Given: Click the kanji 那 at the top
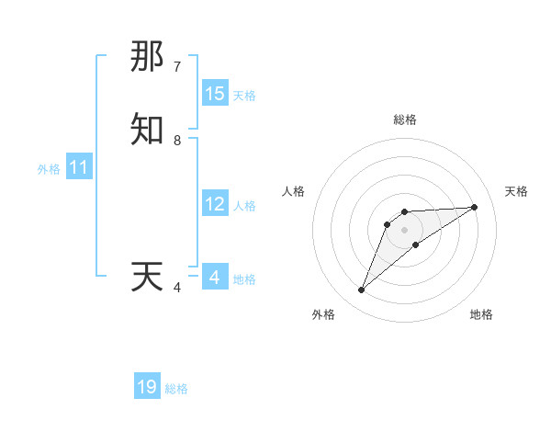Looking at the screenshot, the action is pyautogui.click(x=147, y=57).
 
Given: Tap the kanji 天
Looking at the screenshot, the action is pyautogui.click(x=147, y=277).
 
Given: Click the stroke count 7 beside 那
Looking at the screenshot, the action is pyautogui.click(x=177, y=67).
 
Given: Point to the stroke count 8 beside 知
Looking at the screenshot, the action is pyautogui.click(x=177, y=141).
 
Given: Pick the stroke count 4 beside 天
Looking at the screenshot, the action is pyautogui.click(x=177, y=288).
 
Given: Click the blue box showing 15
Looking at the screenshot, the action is pyautogui.click(x=215, y=94).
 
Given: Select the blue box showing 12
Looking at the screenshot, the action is pyautogui.click(x=215, y=204).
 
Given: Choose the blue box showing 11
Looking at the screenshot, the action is pyautogui.click(x=79, y=167).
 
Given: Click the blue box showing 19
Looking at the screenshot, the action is pyautogui.click(x=147, y=387).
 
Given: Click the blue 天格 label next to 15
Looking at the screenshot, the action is pyautogui.click(x=244, y=96).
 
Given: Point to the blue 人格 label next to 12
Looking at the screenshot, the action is pyautogui.click(x=244, y=206).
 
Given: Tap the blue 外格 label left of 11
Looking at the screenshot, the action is pyautogui.click(x=49, y=169).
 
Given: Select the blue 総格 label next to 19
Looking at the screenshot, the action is pyautogui.click(x=176, y=389).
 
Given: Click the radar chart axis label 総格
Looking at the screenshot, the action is pyautogui.click(x=405, y=119).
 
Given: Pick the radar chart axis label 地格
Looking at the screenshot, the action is pyautogui.click(x=481, y=314).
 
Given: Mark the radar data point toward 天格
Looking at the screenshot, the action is pyautogui.click(x=475, y=207).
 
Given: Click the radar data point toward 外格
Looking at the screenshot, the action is pyautogui.click(x=362, y=290).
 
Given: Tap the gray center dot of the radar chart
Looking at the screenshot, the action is pyautogui.click(x=405, y=229).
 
